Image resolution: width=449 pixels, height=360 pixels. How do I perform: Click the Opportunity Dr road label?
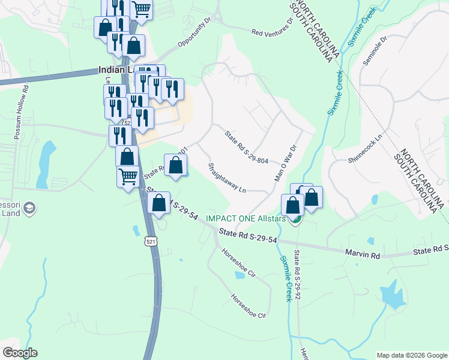(195, 34)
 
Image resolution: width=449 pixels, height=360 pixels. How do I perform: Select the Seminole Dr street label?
(376, 53)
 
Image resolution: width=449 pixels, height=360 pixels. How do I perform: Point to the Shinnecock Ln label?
(366, 149)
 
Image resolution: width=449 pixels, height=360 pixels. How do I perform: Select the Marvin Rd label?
(363, 255)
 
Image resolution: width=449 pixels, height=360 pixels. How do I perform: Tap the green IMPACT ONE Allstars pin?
(295, 220)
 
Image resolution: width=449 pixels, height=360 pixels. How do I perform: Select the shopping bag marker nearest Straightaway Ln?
(175, 166)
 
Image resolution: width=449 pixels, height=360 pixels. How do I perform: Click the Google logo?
(20, 353)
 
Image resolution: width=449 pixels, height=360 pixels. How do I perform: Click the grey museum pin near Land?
(29, 208)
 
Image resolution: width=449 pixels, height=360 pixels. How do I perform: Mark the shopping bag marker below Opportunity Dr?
(133, 46)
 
